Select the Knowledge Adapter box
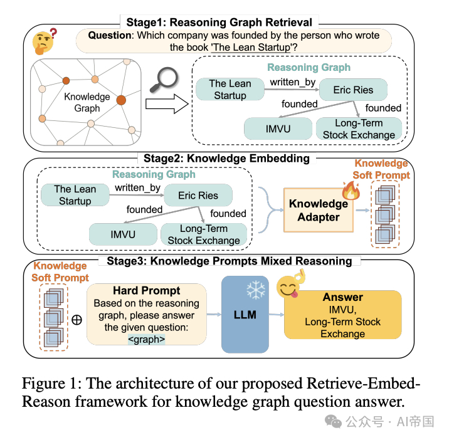319,210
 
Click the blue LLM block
245,314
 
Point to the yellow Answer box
342,315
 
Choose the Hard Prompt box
146,314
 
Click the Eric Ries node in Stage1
353,90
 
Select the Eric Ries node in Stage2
198,196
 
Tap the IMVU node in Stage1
278,128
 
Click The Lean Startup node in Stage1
230,90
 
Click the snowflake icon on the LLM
255,289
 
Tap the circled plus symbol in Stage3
77,319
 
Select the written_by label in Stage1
292,81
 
